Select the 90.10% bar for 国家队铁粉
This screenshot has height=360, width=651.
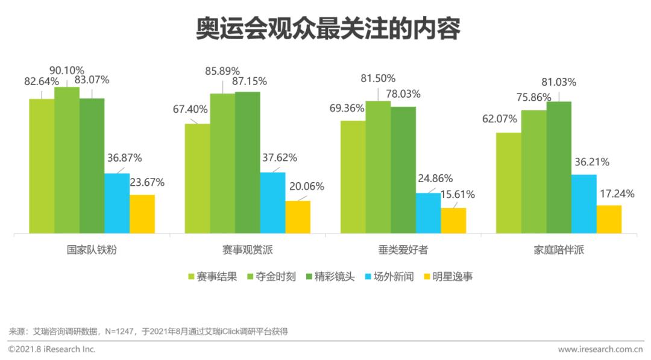(67, 160)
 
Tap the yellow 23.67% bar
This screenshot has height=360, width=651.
(142, 213)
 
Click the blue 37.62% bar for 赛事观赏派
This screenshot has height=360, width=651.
(272, 203)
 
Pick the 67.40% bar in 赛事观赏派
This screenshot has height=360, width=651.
(197, 178)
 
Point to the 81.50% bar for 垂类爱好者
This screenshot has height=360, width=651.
(378, 167)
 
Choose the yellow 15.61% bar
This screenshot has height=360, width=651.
(453, 220)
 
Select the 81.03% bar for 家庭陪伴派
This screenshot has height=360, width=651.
(559, 167)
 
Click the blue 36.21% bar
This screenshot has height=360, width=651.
(583, 204)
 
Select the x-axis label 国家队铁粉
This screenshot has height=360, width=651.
(92, 250)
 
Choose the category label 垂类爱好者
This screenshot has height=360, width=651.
(403, 250)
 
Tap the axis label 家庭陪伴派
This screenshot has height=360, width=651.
(559, 250)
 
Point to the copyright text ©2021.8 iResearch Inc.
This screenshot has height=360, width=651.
(52, 349)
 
